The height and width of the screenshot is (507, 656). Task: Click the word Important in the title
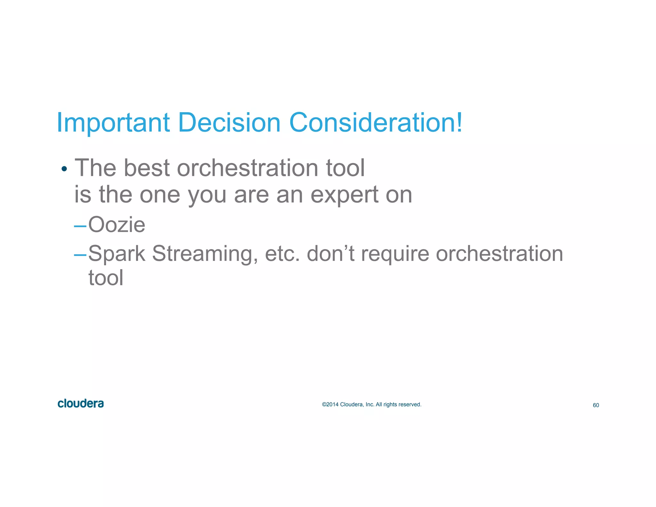pos(113,123)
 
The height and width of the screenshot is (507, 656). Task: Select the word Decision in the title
pos(229,123)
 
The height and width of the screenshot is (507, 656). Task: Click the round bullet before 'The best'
pos(64,169)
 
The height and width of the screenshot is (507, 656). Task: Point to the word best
pos(146,168)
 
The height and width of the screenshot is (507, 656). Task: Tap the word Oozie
pos(117,225)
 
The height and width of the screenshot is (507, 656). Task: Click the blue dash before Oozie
pos(80,226)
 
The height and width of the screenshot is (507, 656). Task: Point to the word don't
pos(330,253)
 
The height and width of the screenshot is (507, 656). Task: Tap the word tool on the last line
pos(106,278)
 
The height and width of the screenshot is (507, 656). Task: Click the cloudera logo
pos(81,403)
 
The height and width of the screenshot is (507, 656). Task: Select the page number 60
pos(596,405)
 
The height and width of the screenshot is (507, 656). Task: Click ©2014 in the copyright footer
pos(330,404)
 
